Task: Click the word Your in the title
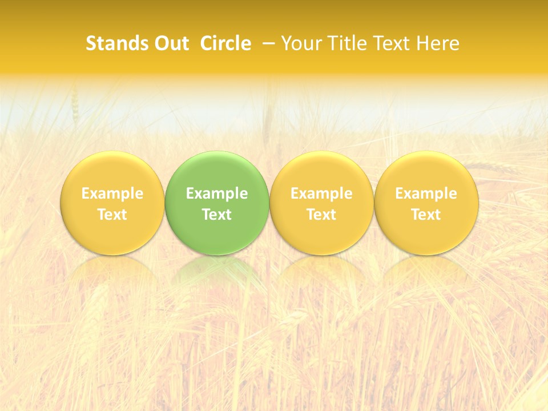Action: point(300,43)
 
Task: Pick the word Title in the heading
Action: point(344,43)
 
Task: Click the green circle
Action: point(217,171)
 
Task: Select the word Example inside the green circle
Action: point(217,194)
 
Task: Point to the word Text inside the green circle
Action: point(217,215)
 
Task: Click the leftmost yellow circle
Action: point(112,171)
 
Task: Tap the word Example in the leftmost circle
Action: point(112,194)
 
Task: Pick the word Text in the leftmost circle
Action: point(112,215)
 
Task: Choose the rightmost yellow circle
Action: point(426,171)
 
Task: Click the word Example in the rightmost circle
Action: point(426,194)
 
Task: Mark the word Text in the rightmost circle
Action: point(426,215)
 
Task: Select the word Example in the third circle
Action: point(321,194)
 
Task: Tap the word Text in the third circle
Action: point(321,215)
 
